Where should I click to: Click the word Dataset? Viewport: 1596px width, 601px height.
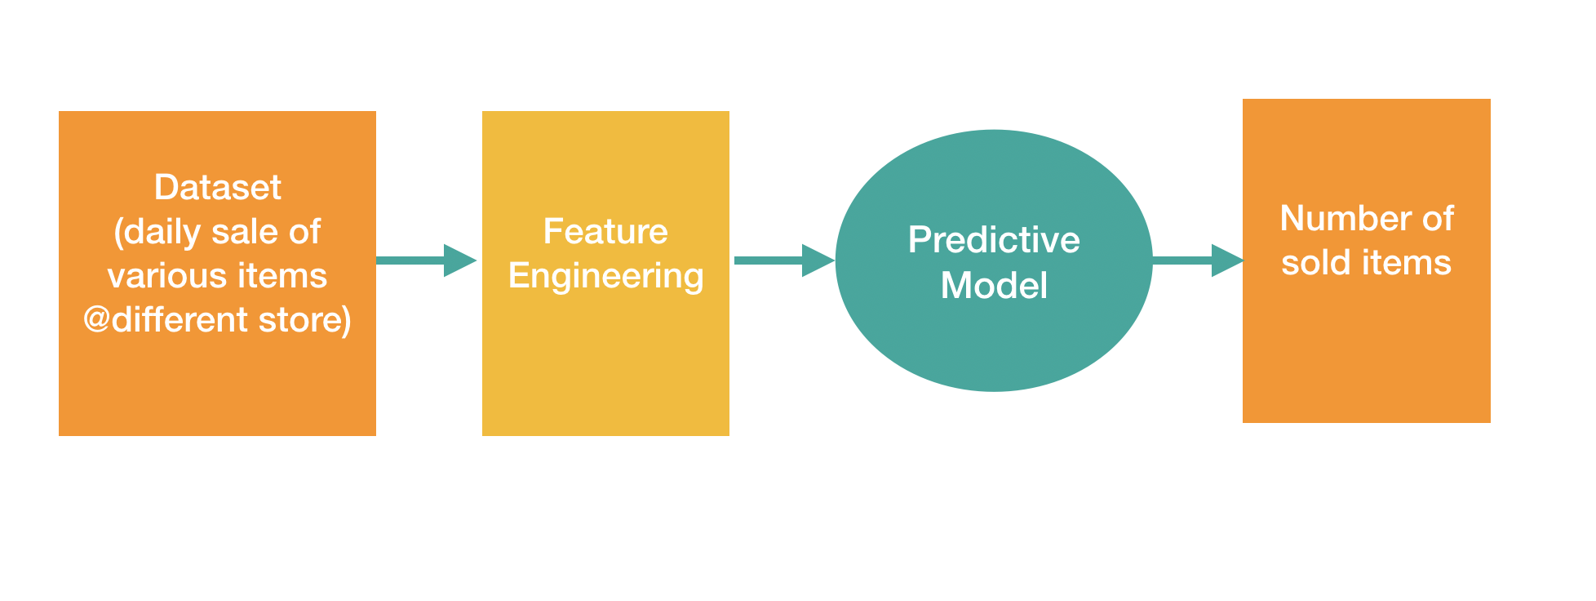click(217, 188)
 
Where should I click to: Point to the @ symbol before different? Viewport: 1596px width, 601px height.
click(96, 320)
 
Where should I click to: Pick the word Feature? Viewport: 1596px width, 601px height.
click(605, 232)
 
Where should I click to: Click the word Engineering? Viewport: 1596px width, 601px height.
click(605, 277)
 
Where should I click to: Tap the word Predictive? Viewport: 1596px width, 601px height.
click(994, 240)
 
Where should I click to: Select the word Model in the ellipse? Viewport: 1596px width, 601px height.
click(994, 286)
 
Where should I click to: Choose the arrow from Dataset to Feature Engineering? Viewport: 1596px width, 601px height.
click(426, 260)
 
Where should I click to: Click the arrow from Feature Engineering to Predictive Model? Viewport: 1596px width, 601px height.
click(783, 260)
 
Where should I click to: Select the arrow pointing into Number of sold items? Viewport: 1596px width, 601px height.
click(1197, 260)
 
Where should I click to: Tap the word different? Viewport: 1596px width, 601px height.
click(180, 320)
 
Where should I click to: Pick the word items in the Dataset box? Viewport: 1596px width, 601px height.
click(290, 276)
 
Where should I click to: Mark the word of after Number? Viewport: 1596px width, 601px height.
click(1438, 219)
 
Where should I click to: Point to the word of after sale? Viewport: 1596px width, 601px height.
click(304, 232)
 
